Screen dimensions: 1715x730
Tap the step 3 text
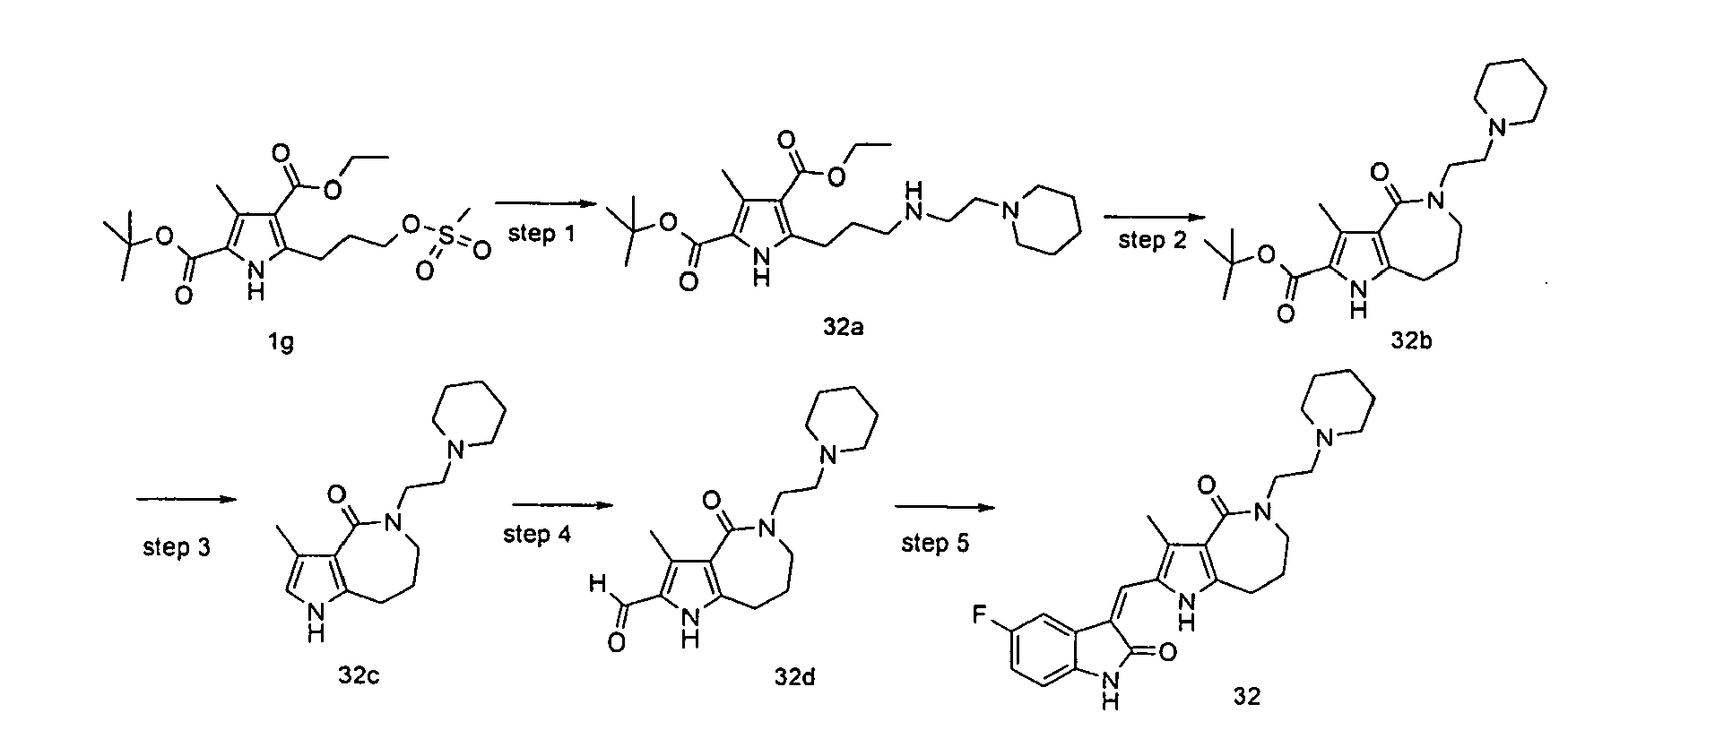176,546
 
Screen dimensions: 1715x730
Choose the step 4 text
537,535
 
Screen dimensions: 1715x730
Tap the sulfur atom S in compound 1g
447,232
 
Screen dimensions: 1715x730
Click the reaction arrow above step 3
187,500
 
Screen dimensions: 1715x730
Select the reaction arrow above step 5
946,509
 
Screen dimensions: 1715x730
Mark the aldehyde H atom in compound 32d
597,586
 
